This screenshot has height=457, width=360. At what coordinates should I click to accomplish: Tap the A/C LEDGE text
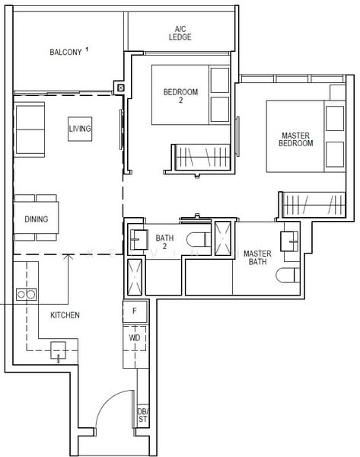click(x=180, y=32)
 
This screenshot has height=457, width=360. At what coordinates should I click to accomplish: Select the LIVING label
click(x=79, y=129)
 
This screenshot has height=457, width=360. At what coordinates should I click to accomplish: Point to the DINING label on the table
click(x=36, y=219)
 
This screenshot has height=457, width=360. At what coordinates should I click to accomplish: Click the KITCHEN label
click(x=65, y=315)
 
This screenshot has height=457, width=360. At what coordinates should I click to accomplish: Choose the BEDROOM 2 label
click(x=180, y=96)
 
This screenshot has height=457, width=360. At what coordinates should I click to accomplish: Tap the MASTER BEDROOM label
click(x=296, y=139)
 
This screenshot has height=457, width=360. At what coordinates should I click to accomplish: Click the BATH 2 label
click(x=165, y=242)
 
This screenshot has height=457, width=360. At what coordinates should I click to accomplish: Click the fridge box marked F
click(x=135, y=312)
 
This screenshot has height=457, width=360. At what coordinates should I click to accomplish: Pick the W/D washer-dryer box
click(x=135, y=337)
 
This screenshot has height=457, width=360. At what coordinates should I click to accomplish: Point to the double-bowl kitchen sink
click(x=26, y=293)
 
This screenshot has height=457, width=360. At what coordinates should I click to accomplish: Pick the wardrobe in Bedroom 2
click(x=196, y=158)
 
